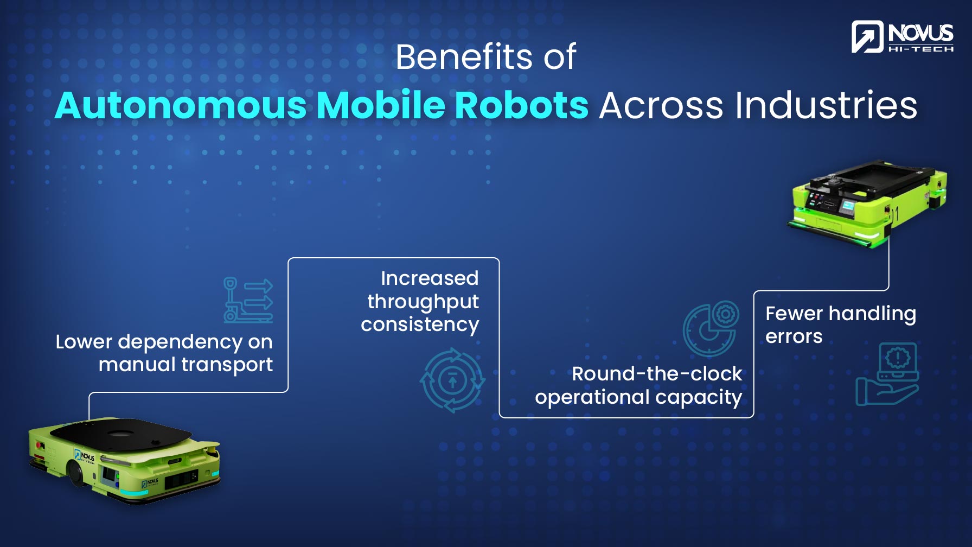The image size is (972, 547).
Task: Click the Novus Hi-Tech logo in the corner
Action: [902, 37]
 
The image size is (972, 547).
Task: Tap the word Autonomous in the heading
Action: [181, 105]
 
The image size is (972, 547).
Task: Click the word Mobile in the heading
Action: [380, 105]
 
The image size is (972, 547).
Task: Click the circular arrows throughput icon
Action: [452, 380]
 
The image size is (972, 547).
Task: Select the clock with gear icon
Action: [711, 328]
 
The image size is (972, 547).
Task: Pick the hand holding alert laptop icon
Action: [888, 374]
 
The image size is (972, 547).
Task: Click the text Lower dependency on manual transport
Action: [164, 353]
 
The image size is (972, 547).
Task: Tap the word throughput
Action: [423, 302]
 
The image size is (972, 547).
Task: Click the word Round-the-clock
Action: [656, 374]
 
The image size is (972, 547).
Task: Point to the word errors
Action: [794, 336]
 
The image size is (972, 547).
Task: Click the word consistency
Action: [420, 325]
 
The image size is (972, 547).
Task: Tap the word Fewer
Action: [794, 314]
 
